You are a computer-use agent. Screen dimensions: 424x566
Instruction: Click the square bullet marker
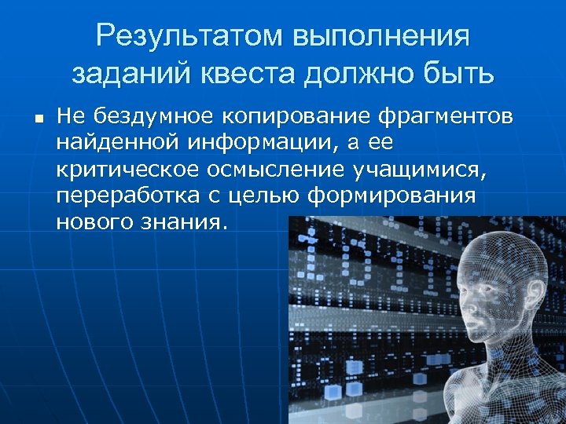(37, 119)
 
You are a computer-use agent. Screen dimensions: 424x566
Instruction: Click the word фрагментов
(446, 117)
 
